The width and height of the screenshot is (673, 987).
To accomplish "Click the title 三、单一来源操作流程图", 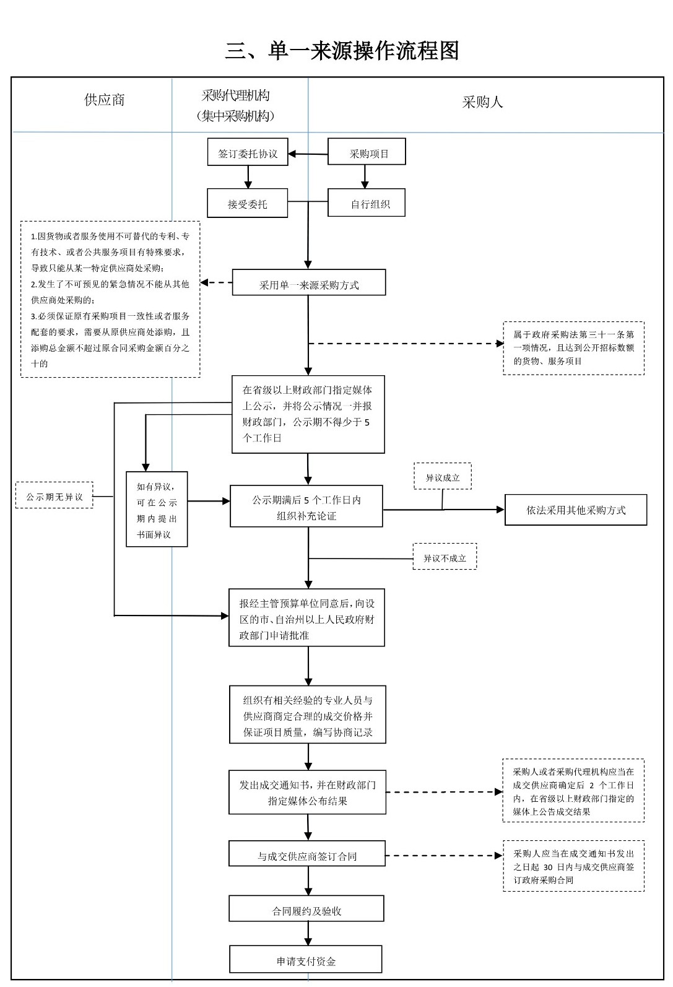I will coord(342,51).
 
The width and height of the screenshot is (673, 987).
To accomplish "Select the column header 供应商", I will coord(104,100).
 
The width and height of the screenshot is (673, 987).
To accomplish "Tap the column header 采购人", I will coord(482,102).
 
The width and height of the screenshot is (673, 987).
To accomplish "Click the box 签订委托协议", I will coord(248,154).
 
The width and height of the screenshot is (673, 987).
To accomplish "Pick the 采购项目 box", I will coord(367,154).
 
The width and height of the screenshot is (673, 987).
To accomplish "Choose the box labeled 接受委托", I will coord(248,204).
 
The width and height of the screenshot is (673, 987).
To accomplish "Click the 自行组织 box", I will coord(367,204).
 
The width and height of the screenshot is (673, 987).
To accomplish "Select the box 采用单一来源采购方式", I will coord(309,285).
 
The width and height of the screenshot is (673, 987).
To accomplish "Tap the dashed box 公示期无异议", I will coord(54,497).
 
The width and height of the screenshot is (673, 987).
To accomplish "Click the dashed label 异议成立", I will coord(443,477).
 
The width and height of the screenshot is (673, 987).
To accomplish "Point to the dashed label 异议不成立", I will coord(445,558).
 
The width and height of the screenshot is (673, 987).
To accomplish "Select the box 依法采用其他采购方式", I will coord(576,510).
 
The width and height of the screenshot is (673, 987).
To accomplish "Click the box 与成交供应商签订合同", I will coord(307,856).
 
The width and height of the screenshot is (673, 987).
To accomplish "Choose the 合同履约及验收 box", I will coord(306,910).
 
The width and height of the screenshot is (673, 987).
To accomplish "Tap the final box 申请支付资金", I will coord(306,961).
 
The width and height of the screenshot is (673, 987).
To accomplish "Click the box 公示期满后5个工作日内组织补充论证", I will coord(306,507).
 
